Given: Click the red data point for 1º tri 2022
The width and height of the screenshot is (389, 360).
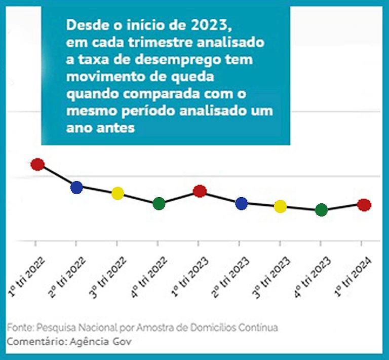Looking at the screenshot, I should (37, 164).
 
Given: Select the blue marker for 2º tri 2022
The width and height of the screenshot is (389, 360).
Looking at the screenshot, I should (76, 187).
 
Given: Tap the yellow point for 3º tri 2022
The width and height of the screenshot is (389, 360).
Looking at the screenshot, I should (118, 193).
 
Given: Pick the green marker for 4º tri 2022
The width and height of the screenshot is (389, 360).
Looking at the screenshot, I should (159, 204).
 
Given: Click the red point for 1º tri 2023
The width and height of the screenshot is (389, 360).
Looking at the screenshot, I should (200, 191).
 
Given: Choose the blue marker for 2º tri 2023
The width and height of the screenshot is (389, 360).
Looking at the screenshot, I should (242, 204).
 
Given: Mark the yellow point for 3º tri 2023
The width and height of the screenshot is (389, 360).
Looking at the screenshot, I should (280, 206).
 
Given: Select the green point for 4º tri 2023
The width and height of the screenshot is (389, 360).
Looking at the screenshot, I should (321, 210).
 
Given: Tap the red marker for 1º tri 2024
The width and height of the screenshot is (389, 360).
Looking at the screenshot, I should (364, 205).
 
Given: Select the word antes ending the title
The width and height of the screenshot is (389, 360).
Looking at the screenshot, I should (116, 128).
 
